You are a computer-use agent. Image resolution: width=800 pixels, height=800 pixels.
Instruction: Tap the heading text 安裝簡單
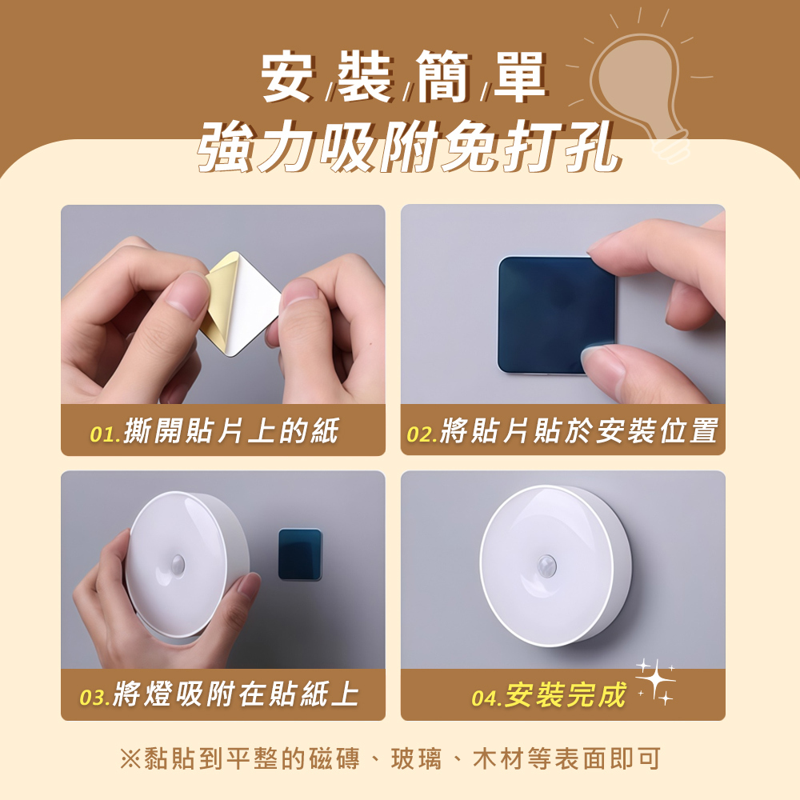403,77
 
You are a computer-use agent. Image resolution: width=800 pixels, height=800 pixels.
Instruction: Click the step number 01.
106,434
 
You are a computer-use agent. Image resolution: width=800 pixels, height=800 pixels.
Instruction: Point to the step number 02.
422,434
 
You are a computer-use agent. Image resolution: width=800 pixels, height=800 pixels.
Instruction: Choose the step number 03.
95,698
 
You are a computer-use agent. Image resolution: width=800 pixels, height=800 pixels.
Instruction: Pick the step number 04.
487,698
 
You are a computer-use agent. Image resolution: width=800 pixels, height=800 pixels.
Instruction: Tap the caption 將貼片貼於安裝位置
579,431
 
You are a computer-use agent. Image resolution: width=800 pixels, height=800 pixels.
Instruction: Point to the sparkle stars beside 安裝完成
656,682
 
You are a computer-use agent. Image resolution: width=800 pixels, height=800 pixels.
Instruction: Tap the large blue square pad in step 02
556,315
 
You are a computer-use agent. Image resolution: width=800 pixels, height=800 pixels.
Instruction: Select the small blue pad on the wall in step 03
300,554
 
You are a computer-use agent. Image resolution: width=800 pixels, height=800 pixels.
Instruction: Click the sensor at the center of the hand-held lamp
178,564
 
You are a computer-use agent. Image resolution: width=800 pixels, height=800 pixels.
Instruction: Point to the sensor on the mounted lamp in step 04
546,566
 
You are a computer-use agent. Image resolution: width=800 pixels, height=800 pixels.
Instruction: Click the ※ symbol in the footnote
130,758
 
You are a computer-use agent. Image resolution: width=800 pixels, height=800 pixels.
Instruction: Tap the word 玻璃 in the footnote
416,758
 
